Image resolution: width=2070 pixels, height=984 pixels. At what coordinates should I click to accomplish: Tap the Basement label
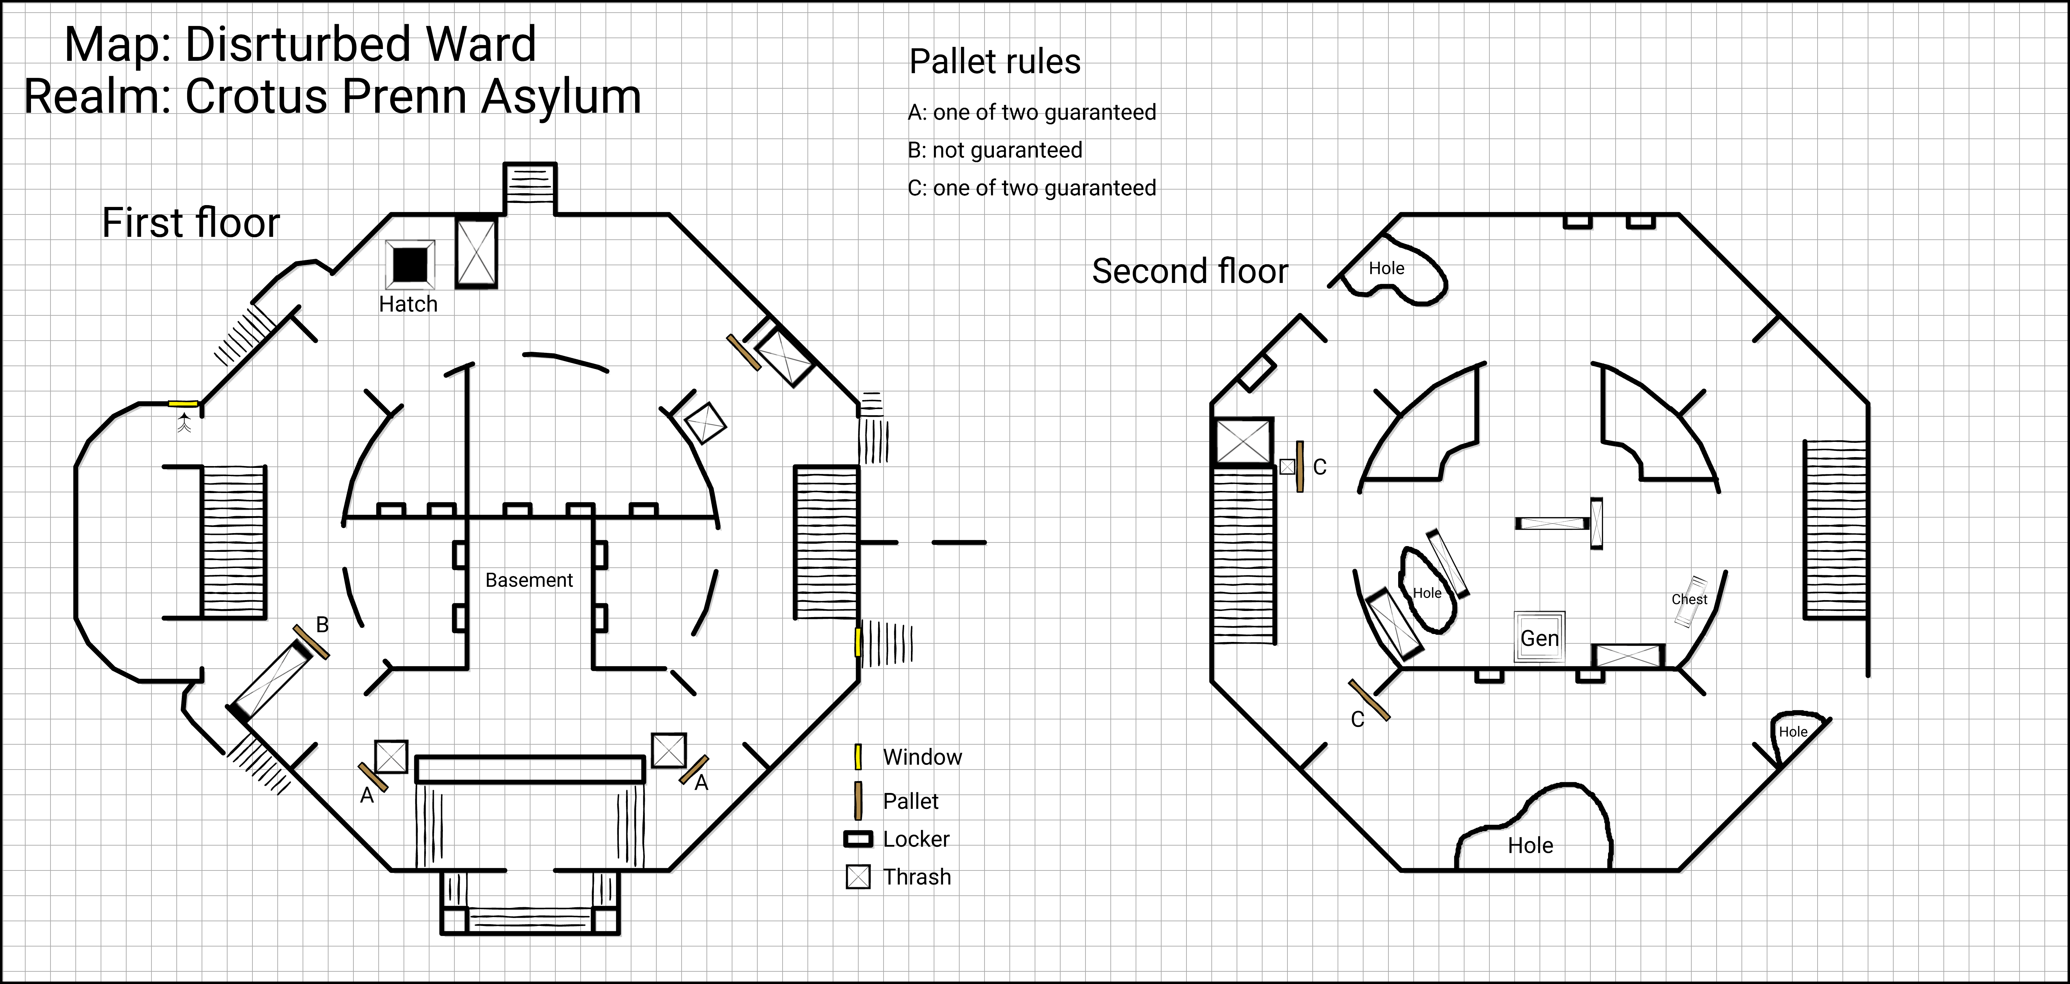pos(529,580)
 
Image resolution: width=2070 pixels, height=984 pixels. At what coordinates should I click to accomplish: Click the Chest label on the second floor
pos(1689,599)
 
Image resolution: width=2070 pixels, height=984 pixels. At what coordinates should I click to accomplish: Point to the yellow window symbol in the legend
pos(858,757)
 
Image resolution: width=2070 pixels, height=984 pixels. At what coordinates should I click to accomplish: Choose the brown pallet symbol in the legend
pos(858,801)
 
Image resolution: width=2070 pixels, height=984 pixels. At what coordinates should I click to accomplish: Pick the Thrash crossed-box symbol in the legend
pos(858,877)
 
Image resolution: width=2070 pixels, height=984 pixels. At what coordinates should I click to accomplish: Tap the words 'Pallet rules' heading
pos(995,62)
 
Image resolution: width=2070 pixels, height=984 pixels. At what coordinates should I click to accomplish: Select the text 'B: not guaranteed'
pos(995,150)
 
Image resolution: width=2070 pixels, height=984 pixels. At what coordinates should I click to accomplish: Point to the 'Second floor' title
pos(1189,271)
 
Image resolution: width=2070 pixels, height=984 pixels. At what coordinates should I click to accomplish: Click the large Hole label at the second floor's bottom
pos(1530,845)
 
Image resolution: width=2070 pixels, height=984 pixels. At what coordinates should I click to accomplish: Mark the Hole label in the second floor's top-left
pos(1386,268)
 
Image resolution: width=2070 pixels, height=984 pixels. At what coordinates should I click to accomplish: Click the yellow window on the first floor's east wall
pos(858,643)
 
